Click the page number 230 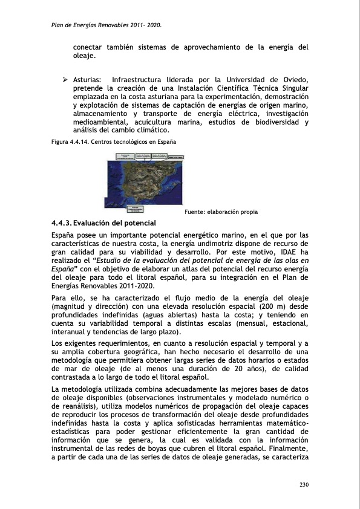point(304,485)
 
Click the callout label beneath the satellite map point(128,209)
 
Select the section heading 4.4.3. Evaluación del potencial point(103,224)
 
